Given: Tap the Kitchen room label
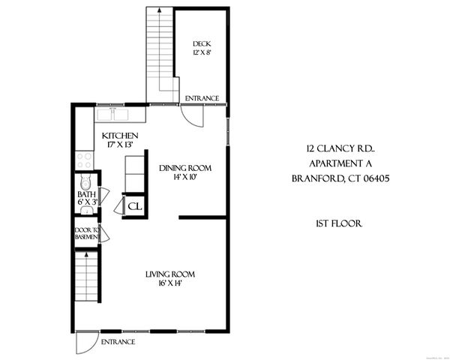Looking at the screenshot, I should [119, 136].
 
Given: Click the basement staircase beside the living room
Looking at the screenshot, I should [87, 276].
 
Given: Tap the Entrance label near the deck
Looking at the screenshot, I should [203, 97].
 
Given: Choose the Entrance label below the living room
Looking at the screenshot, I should [118, 341].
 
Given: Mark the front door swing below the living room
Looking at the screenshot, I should [87, 343].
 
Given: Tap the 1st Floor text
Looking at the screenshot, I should [340, 223].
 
